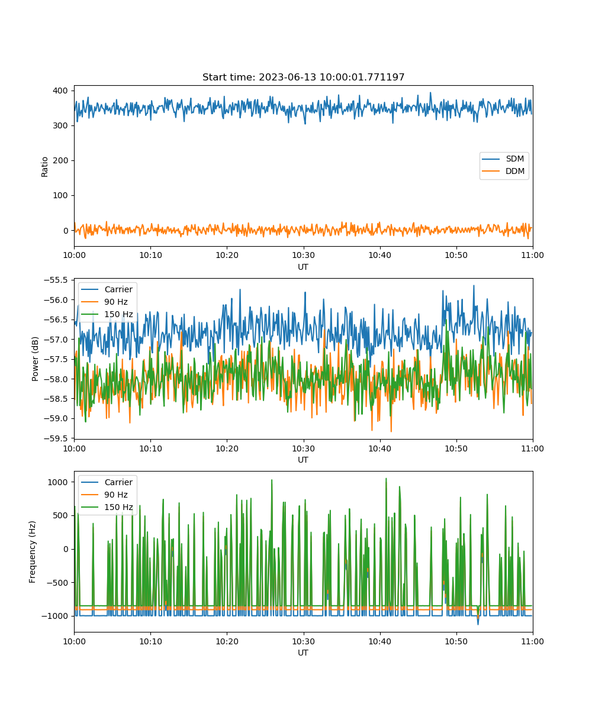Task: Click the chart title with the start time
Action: pos(303,77)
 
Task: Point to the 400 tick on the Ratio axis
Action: pos(60,91)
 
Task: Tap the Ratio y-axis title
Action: pos(44,167)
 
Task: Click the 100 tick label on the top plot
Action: pos(60,195)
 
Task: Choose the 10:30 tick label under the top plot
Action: pos(303,255)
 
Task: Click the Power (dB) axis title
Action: pos(35,359)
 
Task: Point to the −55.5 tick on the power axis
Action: pos(56,280)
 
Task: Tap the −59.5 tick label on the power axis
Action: pos(56,438)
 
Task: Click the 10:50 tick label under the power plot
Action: pos(456,448)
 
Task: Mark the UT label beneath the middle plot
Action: pos(303,460)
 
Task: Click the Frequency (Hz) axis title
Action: pos(32,552)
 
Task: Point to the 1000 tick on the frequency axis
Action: pos(58,482)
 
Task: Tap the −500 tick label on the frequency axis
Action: pos(56,583)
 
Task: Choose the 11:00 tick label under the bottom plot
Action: pos(532,641)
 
